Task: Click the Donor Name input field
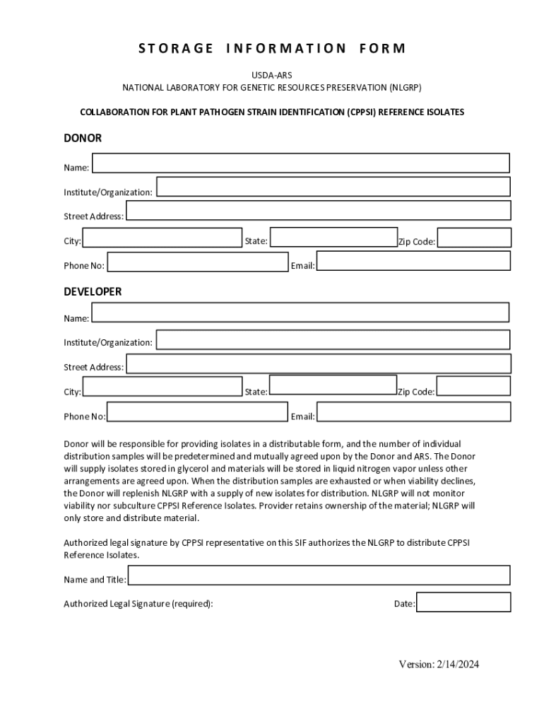301,163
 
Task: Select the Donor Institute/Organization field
333,187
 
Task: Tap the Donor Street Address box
318,211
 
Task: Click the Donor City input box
162,238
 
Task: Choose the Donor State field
333,237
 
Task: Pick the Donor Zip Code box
473,238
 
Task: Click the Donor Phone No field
198,262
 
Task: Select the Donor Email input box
413,261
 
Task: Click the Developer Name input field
300,313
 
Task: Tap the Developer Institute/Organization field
333,339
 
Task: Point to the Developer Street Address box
318,363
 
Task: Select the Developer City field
162,387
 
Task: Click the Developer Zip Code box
473,386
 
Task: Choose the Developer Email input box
413,412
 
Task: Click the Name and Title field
319,576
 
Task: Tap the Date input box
463,602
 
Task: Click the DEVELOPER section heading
93,291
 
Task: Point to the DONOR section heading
83,138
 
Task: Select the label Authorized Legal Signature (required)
138,604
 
